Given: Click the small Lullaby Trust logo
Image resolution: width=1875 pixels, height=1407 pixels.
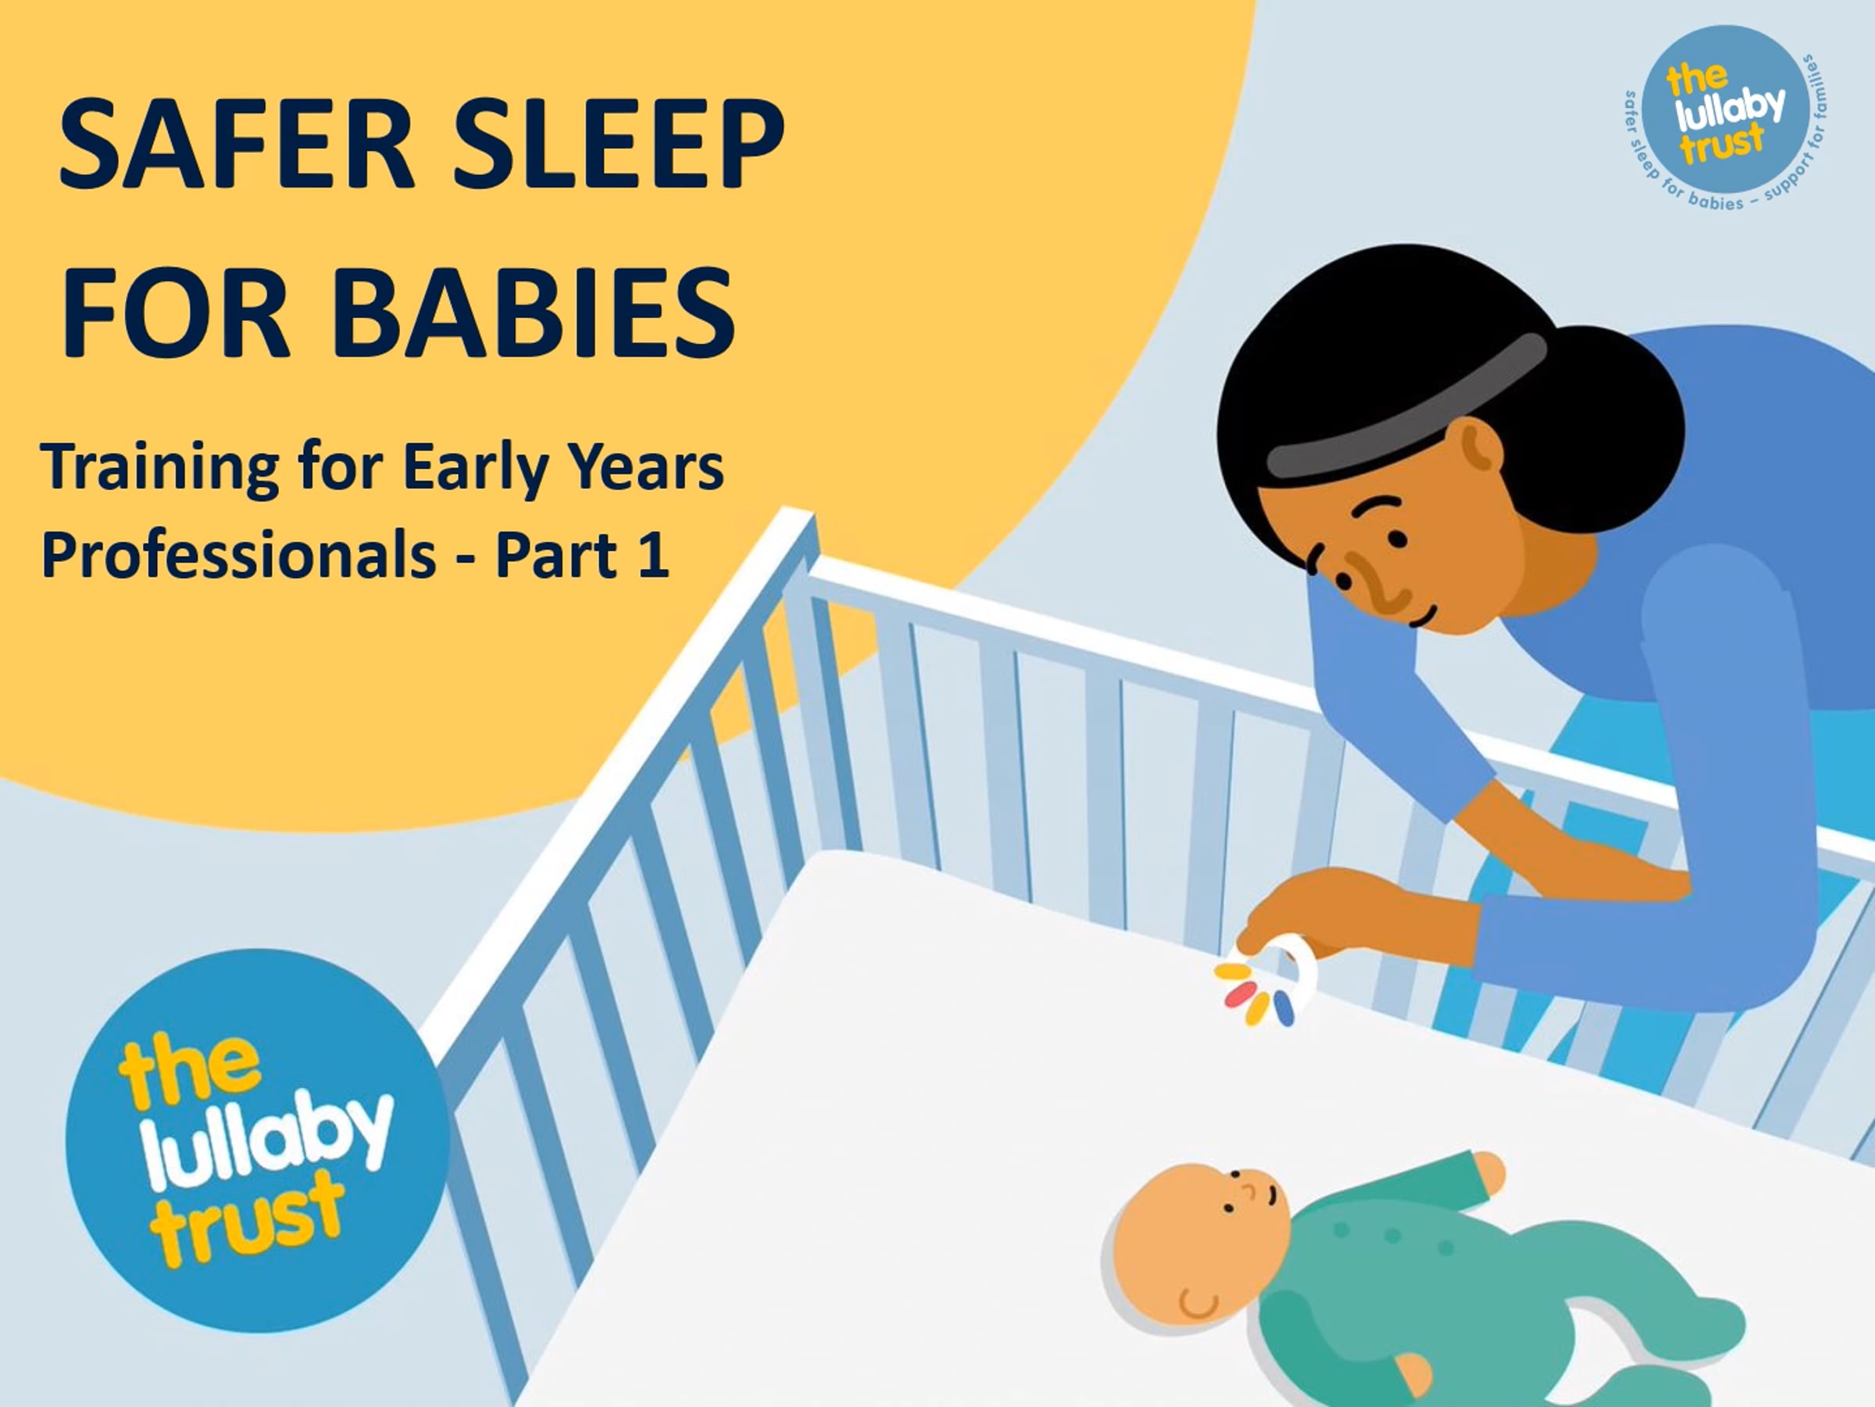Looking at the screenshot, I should pos(1725,119).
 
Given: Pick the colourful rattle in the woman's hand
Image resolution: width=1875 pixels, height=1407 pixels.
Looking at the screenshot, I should pos(1267,984).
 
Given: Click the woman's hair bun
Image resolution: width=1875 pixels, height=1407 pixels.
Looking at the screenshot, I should pos(1610,399).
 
